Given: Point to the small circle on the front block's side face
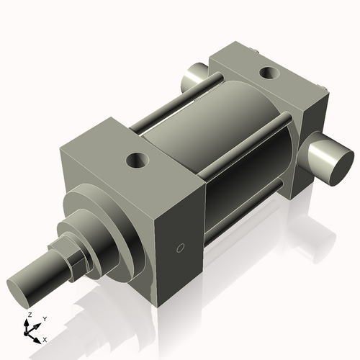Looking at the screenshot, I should (181, 249).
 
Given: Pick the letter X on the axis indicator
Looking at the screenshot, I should (45, 338).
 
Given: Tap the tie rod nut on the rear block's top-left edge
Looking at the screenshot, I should (256, 49).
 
